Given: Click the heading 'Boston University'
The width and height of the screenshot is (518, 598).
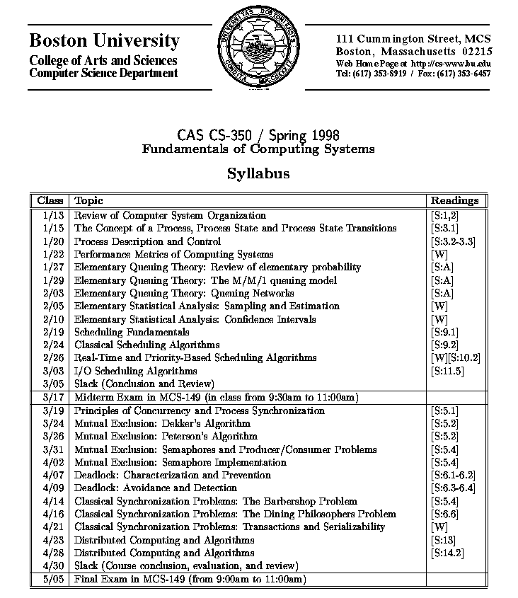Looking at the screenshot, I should (104, 40).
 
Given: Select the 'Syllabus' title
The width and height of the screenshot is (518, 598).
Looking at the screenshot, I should (258, 173).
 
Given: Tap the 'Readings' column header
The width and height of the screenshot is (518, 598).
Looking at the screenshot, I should (454, 200).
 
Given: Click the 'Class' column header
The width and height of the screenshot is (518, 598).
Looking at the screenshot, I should (50, 200).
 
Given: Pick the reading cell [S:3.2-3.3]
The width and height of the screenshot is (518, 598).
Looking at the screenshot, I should (452, 241).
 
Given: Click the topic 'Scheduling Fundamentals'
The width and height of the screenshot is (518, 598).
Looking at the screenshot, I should (132, 332).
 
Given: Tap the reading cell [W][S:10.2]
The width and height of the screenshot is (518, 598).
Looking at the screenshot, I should (455, 358).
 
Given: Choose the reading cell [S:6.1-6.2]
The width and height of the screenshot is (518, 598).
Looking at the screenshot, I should (452, 475).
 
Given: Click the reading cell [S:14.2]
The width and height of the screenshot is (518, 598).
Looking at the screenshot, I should (447, 553).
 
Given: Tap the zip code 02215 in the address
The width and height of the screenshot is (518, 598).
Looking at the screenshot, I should (476, 52).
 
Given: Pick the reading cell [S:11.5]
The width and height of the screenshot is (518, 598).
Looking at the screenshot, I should (447, 371).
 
